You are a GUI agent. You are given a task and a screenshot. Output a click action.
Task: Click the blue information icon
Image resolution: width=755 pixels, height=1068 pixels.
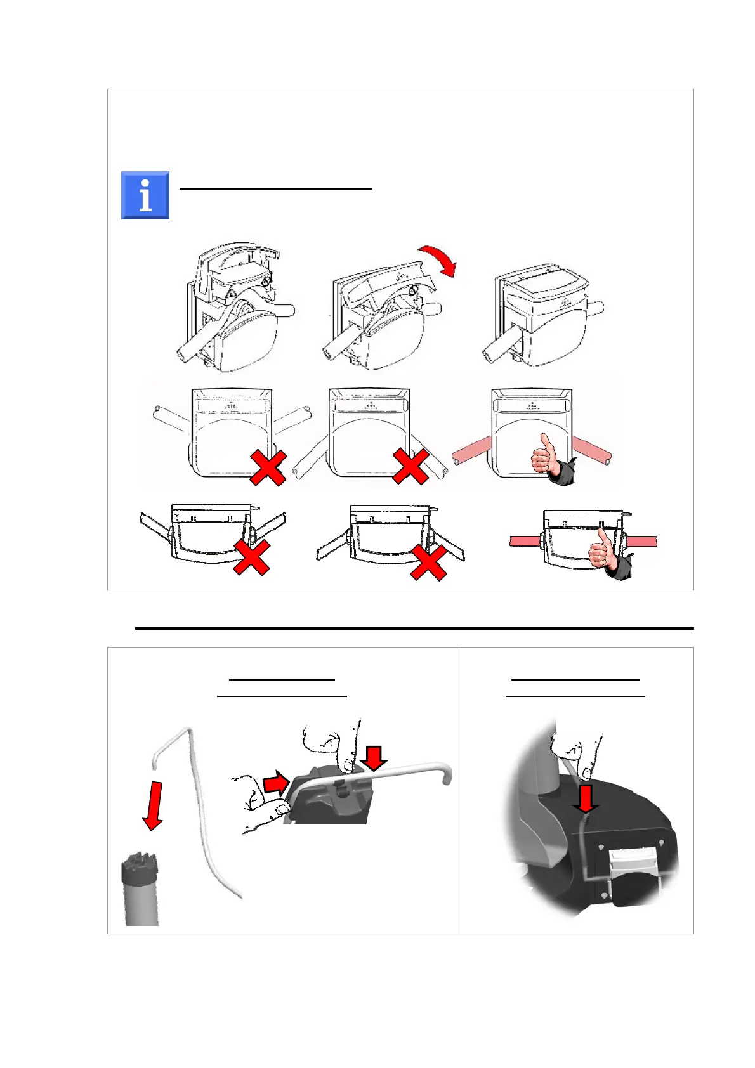click(x=145, y=195)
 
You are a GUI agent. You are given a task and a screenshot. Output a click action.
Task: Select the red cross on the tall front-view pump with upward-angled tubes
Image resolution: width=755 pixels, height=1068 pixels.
click(x=268, y=468)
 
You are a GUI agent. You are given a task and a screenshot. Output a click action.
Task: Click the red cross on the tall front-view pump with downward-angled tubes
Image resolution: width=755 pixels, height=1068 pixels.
click(x=410, y=467)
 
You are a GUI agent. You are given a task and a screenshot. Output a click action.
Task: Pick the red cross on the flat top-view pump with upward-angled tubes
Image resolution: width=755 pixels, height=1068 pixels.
click(x=251, y=557)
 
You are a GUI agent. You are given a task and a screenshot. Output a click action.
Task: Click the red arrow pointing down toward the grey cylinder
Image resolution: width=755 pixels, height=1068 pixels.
click(x=153, y=805)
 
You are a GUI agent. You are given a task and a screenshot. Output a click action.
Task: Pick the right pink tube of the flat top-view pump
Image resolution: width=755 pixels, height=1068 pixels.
click(x=641, y=541)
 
